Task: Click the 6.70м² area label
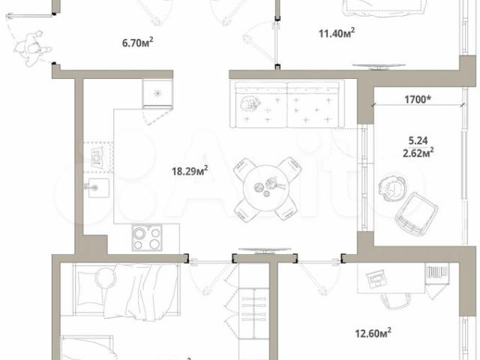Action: tap(138, 43)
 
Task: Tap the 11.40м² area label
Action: tap(337, 32)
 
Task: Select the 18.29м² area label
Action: tap(190, 170)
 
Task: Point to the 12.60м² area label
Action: tap(373, 332)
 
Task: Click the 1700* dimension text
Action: tap(418, 100)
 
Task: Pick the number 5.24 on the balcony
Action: tap(418, 140)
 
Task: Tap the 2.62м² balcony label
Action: tap(418, 152)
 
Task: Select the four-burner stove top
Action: tap(147, 238)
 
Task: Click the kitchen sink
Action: tap(97, 187)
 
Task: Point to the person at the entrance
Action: tap(32, 49)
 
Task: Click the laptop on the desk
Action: tap(376, 279)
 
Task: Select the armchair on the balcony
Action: tap(416, 214)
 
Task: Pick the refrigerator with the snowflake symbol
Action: tap(157, 93)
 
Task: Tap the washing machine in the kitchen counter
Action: tap(97, 157)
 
